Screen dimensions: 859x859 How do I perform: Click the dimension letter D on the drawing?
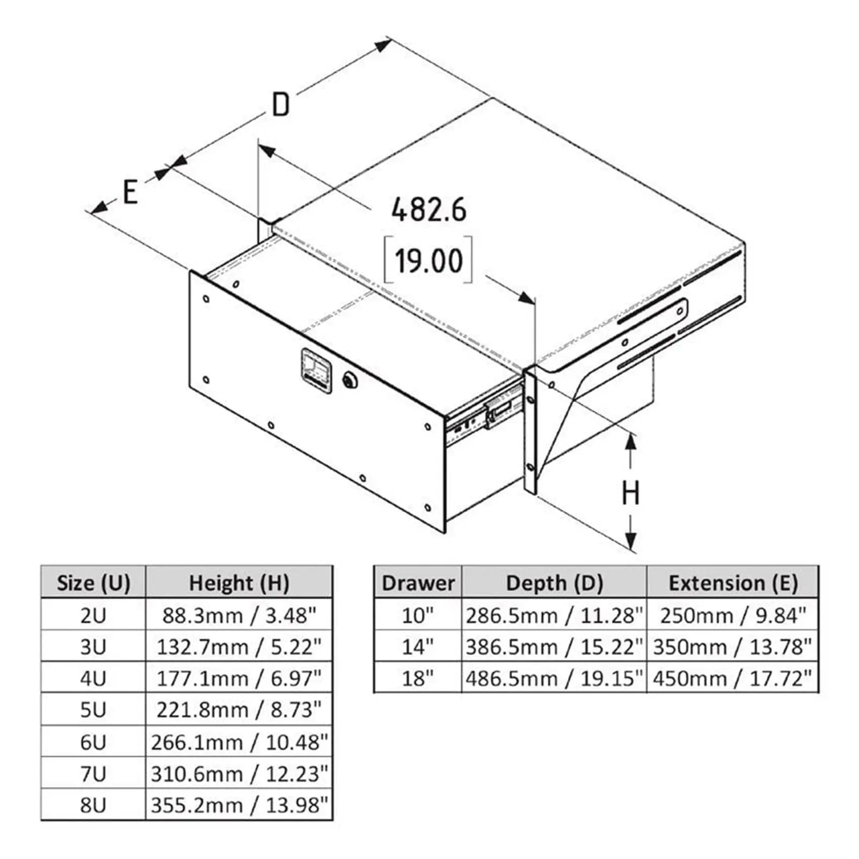click(281, 105)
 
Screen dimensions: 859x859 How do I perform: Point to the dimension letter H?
click(631, 493)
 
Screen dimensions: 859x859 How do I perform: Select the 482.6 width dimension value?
click(428, 210)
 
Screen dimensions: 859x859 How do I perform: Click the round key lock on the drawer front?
click(350, 380)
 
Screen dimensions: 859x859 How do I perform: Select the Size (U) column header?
click(93, 583)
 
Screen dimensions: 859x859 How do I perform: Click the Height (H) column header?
click(239, 583)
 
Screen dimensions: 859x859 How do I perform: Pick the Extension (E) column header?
click(733, 583)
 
